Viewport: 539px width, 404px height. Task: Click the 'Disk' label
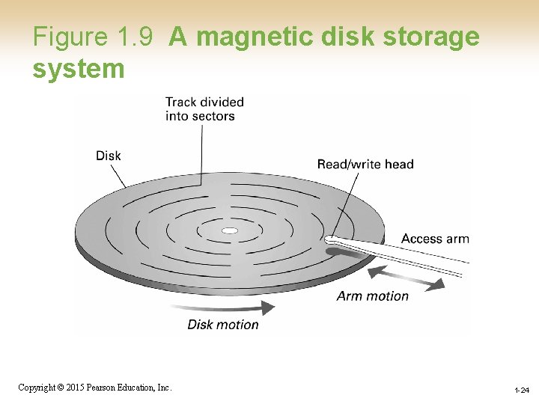[x=109, y=156]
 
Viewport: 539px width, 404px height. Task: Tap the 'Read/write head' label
[x=365, y=164]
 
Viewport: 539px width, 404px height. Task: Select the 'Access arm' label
[x=435, y=239]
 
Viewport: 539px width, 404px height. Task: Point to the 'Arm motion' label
[x=372, y=296]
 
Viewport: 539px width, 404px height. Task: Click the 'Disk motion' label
[x=222, y=325]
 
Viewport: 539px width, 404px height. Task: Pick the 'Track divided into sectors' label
[x=204, y=108]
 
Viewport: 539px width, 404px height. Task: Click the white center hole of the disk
[x=230, y=230]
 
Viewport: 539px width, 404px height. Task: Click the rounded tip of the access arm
[x=329, y=240]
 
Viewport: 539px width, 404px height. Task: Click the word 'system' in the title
[x=78, y=68]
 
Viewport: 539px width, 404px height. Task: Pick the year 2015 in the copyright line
[x=73, y=388]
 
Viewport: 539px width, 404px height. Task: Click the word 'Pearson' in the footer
[x=102, y=388]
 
